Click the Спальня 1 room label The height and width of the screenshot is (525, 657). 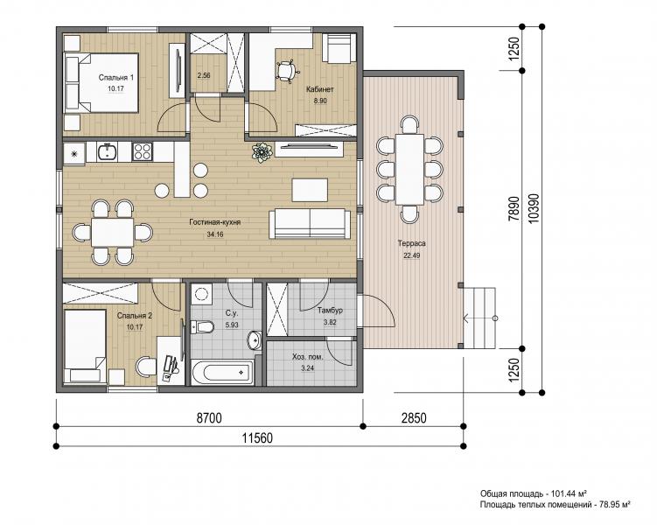116,78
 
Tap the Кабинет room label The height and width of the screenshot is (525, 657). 319,89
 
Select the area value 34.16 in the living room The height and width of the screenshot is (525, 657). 215,234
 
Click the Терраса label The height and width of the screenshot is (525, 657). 411,243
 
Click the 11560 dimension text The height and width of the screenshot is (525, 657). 257,438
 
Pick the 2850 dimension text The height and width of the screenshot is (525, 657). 413,417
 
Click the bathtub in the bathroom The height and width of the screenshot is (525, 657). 222,372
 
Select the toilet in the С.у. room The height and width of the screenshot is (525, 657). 201,326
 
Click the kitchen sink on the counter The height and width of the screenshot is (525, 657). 108,152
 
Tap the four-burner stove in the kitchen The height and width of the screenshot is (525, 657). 142,151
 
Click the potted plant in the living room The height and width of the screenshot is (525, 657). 262,152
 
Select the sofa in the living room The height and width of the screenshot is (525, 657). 310,223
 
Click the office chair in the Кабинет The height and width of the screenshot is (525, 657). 288,70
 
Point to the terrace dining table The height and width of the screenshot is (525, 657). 409,169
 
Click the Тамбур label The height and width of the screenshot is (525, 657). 330,311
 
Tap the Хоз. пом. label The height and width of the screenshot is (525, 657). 308,357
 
